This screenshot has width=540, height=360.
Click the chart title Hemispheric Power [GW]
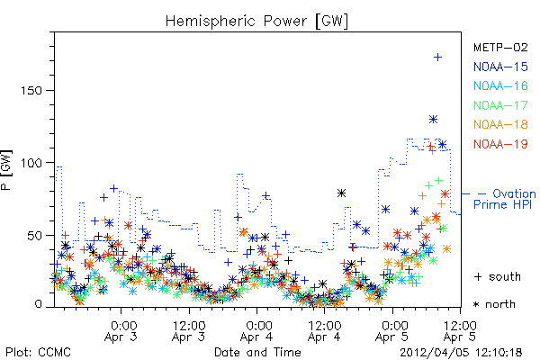click(x=256, y=22)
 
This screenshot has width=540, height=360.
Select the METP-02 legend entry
click(x=500, y=47)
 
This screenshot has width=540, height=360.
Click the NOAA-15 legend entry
click(x=500, y=67)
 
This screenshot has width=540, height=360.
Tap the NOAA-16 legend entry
click(x=500, y=85)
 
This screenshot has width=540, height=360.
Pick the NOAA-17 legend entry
click(x=500, y=105)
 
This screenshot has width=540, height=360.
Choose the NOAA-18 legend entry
click(x=500, y=124)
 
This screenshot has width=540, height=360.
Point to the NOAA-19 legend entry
click(x=500, y=144)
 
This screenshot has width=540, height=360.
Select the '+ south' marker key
click(x=498, y=276)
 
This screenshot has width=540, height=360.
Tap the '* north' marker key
click(x=494, y=304)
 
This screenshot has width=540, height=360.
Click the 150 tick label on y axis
click(x=31, y=91)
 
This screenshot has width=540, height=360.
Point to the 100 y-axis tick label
click(x=31, y=163)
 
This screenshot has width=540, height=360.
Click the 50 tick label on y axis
click(x=35, y=236)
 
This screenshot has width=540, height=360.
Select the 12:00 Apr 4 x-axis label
click(x=324, y=331)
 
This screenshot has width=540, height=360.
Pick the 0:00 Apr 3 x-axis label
click(x=121, y=331)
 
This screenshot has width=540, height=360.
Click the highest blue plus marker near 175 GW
click(x=437, y=58)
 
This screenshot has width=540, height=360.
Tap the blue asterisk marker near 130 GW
click(x=433, y=120)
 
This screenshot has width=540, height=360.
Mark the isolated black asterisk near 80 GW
click(x=341, y=193)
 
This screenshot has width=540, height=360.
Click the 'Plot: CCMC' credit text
click(x=38, y=353)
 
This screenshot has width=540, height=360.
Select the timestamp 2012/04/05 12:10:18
click(x=461, y=353)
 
